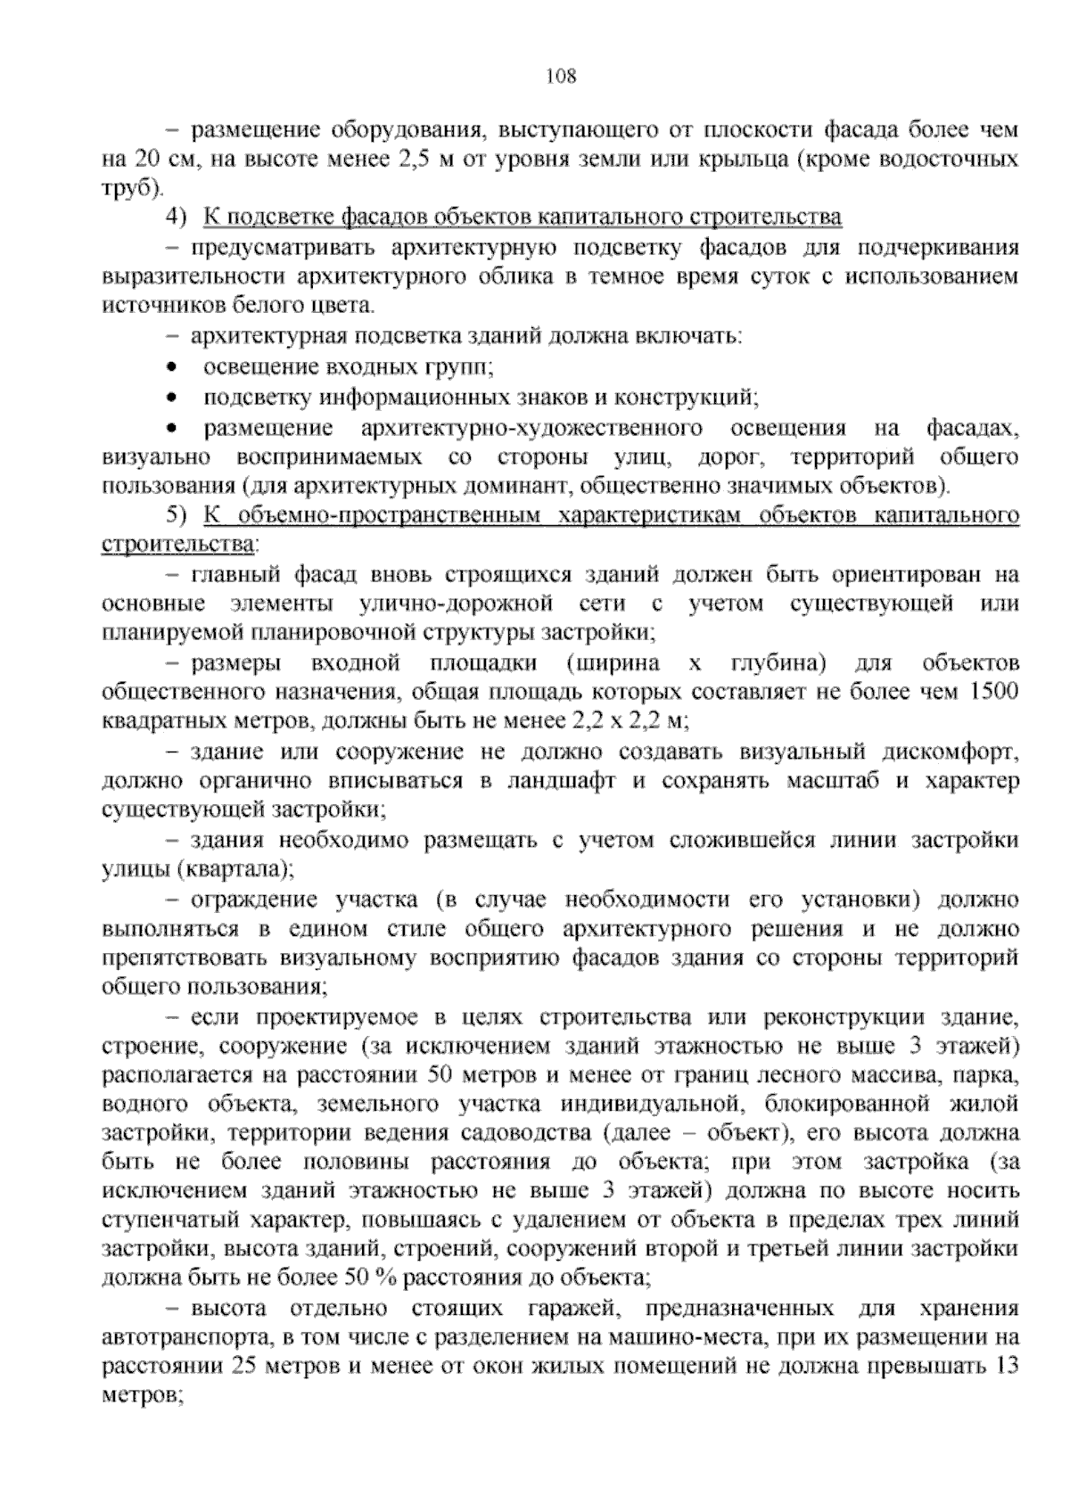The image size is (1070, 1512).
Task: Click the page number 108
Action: pos(561,76)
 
